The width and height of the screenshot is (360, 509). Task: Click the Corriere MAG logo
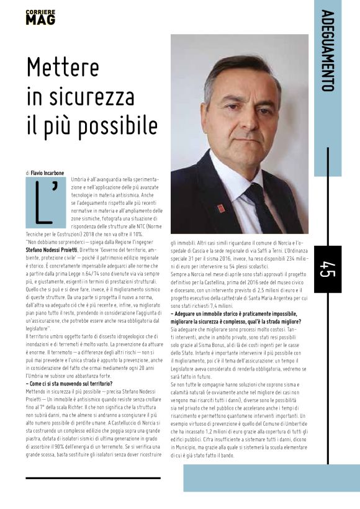pyautogui.click(x=40, y=17)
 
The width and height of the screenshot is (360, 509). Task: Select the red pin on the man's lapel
pyautogui.click(x=221, y=208)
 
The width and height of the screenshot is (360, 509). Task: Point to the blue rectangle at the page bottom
pyautogui.click(x=271, y=477)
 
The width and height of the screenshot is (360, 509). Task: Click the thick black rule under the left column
pyautogui.click(x=93, y=478)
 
